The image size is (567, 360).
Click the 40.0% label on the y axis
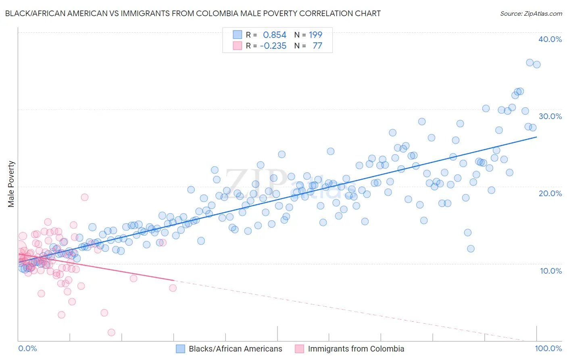point(550,39)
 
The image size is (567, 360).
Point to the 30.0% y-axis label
point(550,116)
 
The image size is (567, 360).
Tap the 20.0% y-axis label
point(550,193)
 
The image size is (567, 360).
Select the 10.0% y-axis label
point(551,271)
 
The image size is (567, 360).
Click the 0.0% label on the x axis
point(27,348)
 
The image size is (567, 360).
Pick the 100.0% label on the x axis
point(548,348)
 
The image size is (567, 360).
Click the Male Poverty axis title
point(11,184)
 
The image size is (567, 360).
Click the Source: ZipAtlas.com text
point(531,14)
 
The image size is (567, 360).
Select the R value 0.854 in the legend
point(274,35)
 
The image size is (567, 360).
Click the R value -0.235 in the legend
point(273,46)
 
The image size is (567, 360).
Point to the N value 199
point(315,35)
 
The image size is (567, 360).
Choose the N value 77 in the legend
point(317,46)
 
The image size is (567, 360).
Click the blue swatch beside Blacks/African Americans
point(180,349)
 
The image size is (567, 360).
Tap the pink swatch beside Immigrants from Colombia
point(299,349)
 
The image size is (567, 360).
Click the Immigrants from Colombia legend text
point(356,349)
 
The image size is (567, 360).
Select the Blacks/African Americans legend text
point(236,349)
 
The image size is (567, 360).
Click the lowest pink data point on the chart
point(111,333)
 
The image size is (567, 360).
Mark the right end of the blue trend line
point(536,137)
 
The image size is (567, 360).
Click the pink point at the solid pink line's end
point(173,288)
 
